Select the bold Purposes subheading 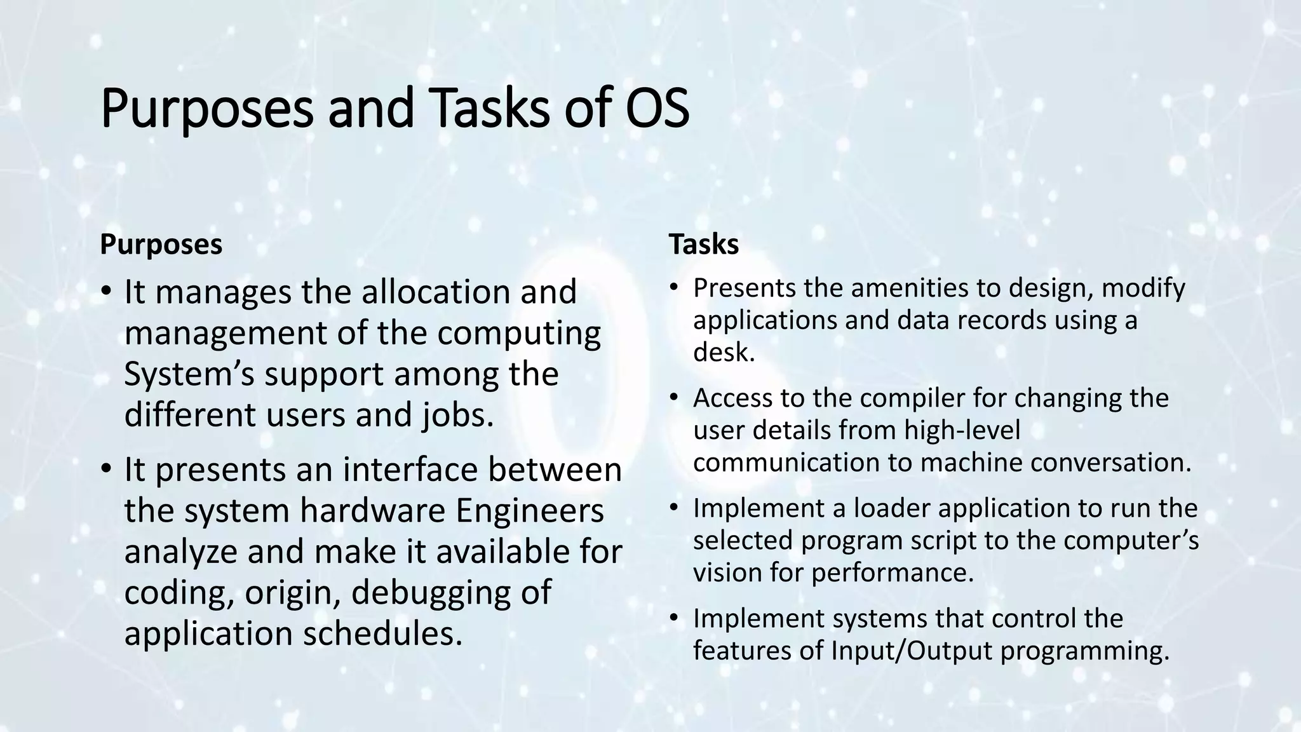point(161,245)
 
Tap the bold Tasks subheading point(703,245)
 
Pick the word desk point(724,352)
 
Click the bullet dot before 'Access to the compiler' point(674,398)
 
